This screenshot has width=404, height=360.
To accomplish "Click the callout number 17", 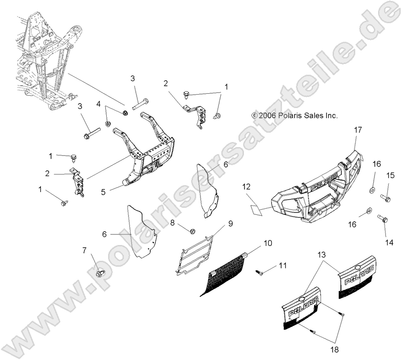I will (x=358, y=130).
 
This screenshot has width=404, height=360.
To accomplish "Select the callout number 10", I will (x=268, y=243).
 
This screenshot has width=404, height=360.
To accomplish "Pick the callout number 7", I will (x=84, y=251).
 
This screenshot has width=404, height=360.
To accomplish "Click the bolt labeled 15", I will (x=386, y=199).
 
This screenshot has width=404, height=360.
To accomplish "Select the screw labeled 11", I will (x=259, y=273).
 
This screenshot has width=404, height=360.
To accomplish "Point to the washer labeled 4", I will (x=108, y=124).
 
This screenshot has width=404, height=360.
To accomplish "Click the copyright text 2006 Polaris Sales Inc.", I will (x=301, y=115).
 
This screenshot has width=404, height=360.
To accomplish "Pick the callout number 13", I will (x=322, y=254).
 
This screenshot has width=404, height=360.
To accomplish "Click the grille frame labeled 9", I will (x=195, y=255).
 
